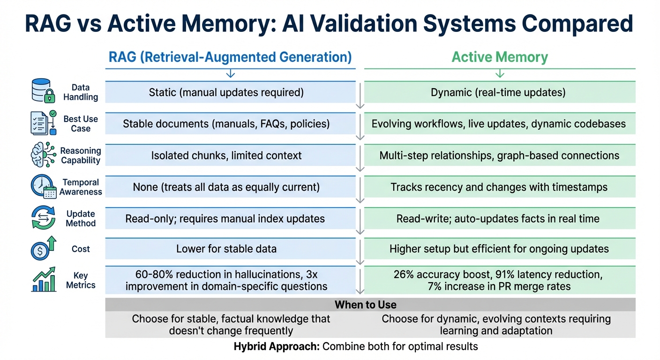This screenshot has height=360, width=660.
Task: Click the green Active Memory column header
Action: point(500,57)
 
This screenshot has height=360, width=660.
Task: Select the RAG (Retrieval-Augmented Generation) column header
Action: point(230,57)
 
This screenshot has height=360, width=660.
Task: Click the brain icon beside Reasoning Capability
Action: point(44,154)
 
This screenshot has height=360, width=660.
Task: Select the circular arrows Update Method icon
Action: point(43,218)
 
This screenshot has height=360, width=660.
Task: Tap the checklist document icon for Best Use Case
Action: point(44,123)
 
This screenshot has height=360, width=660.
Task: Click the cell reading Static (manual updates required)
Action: point(226,92)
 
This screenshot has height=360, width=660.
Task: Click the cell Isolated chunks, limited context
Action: point(226,155)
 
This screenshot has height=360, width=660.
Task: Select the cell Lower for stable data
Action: point(226,249)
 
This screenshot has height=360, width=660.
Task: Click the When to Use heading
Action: point(366,305)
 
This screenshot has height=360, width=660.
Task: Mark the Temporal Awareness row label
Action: point(81,187)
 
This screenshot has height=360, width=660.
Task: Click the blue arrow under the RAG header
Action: point(230,74)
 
